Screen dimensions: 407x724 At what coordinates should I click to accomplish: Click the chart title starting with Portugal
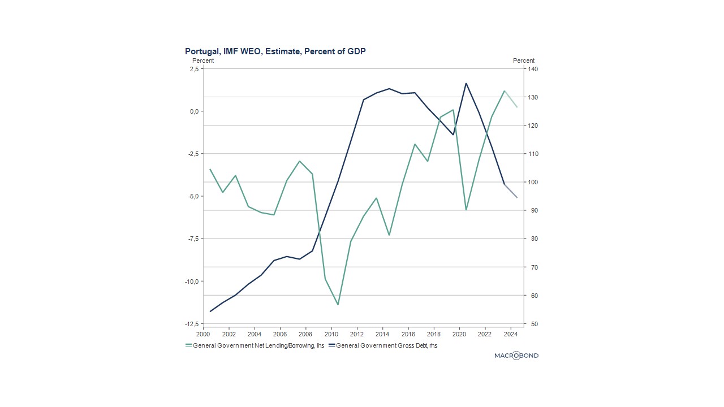pos(275,51)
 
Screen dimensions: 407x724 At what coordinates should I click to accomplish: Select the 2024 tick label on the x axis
pos(511,334)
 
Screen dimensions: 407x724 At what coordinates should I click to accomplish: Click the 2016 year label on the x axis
pos(408,334)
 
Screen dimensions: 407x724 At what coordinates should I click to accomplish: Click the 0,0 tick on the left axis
pos(193,111)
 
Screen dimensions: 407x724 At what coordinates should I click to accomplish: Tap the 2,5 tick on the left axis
pos(193,69)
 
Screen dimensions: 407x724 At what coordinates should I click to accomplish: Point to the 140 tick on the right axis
pos(533,69)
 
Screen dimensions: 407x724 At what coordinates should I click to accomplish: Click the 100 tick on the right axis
pos(533,182)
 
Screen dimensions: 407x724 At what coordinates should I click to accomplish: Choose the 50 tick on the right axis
pos(532,324)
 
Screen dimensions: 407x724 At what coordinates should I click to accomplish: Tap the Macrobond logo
pos(516,356)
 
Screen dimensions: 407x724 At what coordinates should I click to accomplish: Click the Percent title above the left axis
pos(203,60)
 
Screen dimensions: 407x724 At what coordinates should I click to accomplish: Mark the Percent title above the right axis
pos(524,60)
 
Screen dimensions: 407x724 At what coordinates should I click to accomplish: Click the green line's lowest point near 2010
pos(338,305)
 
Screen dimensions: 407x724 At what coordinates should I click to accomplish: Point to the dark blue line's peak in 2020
pos(466,84)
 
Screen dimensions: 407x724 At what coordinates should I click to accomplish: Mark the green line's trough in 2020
pos(466,210)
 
